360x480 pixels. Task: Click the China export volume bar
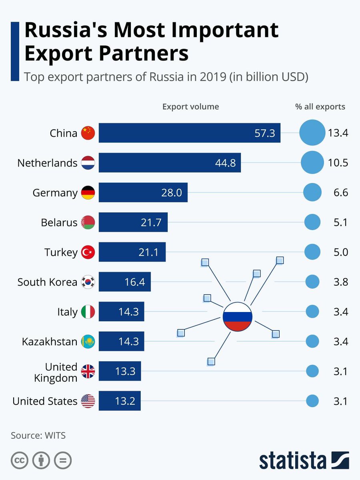[189, 133]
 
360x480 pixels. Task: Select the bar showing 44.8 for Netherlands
[170, 163]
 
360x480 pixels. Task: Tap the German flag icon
[88, 193]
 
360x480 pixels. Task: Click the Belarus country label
[59, 222]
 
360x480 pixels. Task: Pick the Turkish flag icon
[88, 252]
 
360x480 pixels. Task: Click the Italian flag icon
[88, 312]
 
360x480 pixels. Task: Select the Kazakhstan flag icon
[88, 342]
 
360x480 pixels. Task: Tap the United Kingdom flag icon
[88, 372]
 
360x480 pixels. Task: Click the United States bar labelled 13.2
[120, 401]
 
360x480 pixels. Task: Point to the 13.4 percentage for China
[338, 133]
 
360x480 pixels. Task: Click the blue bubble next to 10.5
[312, 163]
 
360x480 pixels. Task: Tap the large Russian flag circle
[237, 316]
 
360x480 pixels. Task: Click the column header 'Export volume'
[190, 107]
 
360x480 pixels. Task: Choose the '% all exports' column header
[320, 107]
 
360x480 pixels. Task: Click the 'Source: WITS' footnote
[38, 436]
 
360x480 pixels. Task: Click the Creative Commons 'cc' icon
[19, 460]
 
